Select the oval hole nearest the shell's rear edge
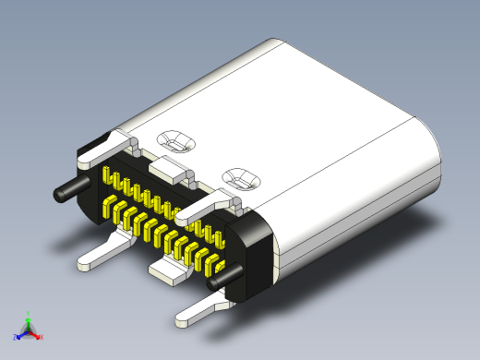[174, 140]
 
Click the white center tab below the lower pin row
[168, 270]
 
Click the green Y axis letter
[29, 313]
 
